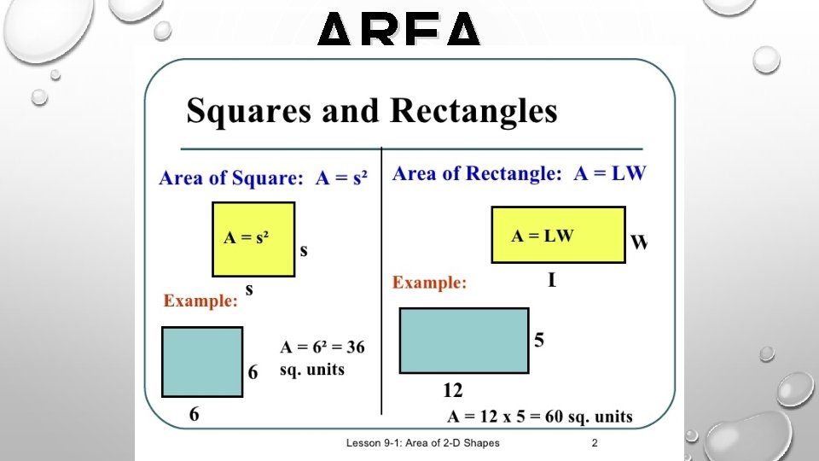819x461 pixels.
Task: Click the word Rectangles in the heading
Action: coord(473,112)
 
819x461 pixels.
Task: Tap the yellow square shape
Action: coord(253,239)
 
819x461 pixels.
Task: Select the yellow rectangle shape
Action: coord(558,234)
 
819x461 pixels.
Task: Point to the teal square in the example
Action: coord(202,361)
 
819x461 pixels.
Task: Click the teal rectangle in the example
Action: coord(464,341)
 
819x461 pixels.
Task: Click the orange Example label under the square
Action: coord(200,301)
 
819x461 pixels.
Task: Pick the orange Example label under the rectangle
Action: coord(429,283)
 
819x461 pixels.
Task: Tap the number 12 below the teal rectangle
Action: coord(452,390)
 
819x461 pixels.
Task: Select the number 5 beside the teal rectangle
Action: coord(539,340)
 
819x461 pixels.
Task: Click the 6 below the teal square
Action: coord(195,414)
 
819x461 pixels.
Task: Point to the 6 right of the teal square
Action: coord(253,372)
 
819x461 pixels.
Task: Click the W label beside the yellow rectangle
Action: coord(638,242)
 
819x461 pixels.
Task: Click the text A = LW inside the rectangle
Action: coord(543,236)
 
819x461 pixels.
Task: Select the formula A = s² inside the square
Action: coord(246,237)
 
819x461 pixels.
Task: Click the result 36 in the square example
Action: coord(354,347)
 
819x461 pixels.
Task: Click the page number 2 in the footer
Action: coord(595,443)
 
